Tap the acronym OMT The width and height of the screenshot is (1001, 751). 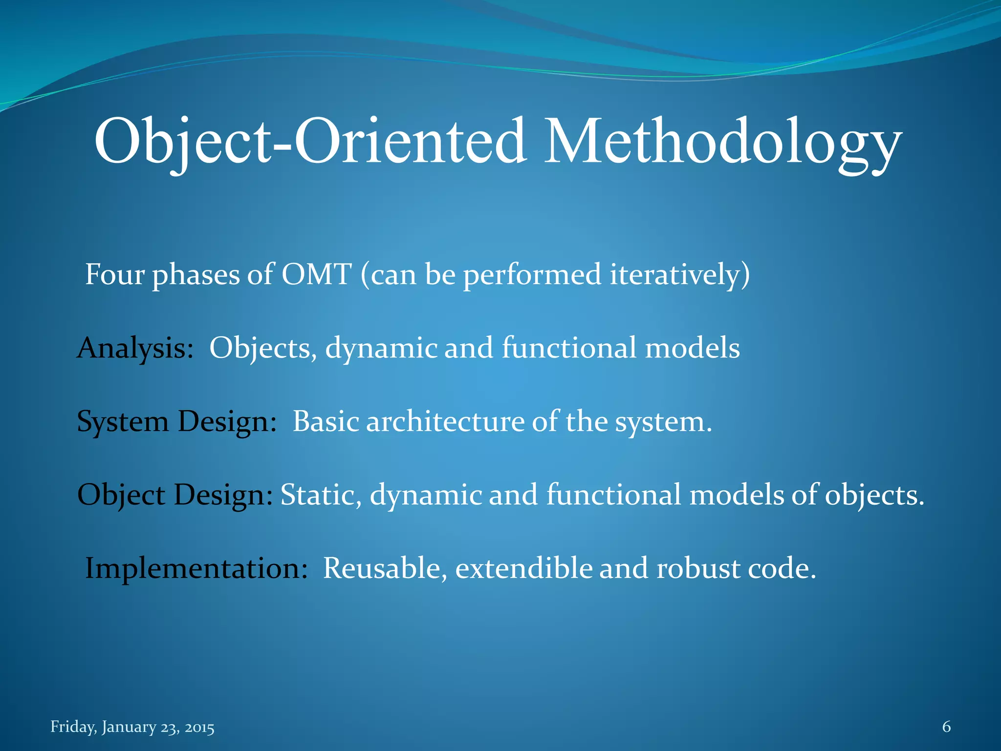[x=316, y=274]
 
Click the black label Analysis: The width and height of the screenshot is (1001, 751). [x=135, y=348]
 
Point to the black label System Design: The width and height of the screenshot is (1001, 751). [x=177, y=421]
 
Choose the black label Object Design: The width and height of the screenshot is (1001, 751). [x=175, y=495]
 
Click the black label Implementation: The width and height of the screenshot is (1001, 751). [x=196, y=568]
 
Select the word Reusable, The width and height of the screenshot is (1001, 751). [x=385, y=569]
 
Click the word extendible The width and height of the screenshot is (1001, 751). [x=523, y=569]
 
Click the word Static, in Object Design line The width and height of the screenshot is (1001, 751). [x=321, y=495]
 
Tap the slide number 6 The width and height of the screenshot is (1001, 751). [x=946, y=727]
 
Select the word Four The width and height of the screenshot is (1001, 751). [x=115, y=274]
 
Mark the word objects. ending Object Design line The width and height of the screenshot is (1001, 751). [x=874, y=495]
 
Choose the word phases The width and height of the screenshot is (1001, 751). [x=196, y=275]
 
